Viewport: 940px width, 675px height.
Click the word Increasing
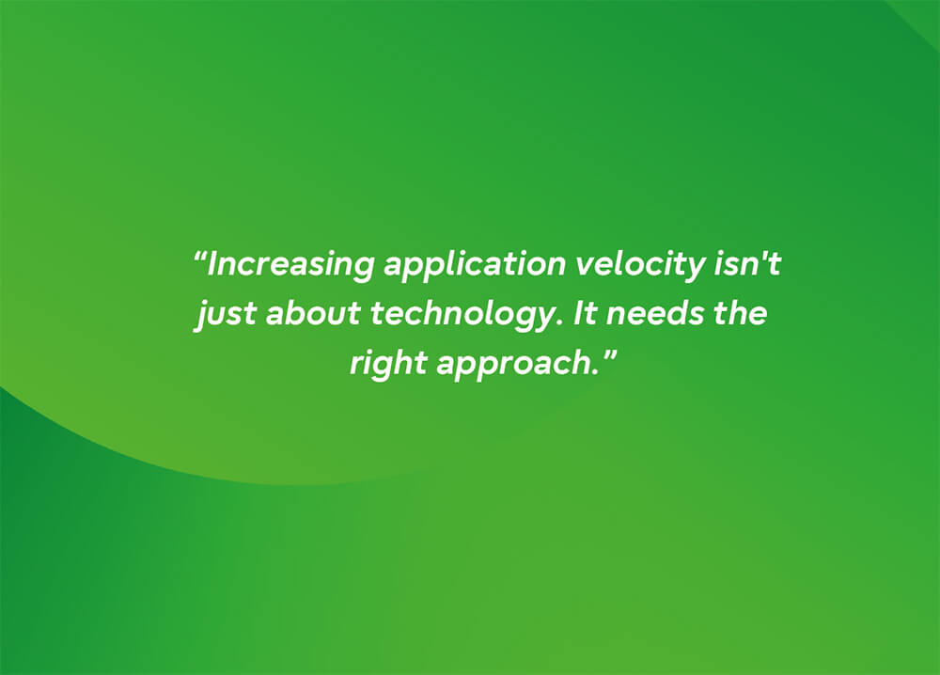coord(290,265)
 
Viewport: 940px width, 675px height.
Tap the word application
coord(475,264)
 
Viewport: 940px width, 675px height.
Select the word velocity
coord(639,265)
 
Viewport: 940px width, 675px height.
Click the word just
coord(226,314)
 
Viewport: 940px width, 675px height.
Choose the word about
coord(314,313)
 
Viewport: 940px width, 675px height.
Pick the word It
coord(585,313)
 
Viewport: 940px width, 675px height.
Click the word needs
coord(654,313)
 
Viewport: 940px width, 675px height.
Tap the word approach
coord(517,364)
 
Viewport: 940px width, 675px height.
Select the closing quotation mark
coord(608,354)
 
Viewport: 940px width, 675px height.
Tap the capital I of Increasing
coord(213,264)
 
